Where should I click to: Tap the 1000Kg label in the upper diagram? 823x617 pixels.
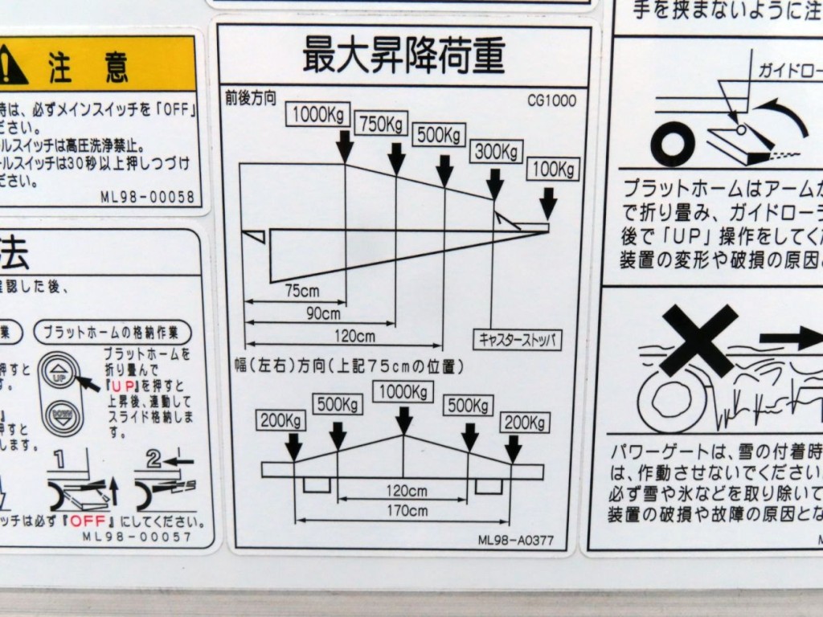click(318, 114)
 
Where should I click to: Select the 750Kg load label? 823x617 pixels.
click(381, 125)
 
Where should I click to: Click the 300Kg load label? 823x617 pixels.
click(496, 150)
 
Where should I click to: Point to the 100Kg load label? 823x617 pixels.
click(554, 170)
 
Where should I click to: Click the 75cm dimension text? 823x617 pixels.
click(302, 291)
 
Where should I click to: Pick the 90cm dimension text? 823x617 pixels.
click(324, 313)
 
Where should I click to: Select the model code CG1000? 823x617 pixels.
click(552, 101)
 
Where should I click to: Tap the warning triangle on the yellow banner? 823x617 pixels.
click(11, 67)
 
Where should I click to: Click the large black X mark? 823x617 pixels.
click(698, 339)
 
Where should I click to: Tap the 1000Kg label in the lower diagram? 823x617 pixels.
click(403, 391)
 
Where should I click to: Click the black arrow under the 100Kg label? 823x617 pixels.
click(548, 203)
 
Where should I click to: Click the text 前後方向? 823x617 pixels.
click(251, 100)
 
